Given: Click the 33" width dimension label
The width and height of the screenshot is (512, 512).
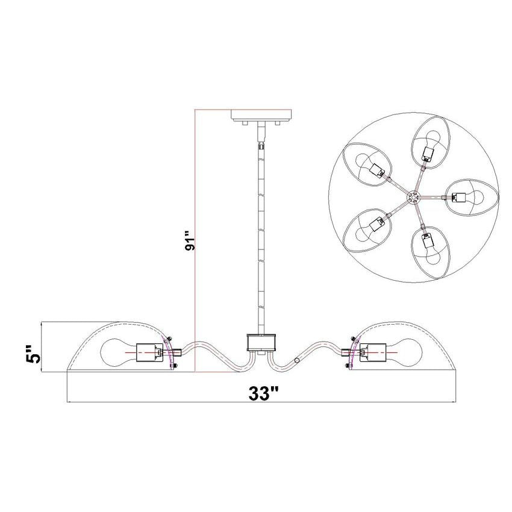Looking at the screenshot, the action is (263, 393).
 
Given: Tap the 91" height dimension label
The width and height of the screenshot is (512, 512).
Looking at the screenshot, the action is (190, 241).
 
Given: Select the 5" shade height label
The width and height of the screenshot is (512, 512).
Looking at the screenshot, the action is (33, 354).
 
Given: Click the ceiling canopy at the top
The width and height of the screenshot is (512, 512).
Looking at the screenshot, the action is (261, 114).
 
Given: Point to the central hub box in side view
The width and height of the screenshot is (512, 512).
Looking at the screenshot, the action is (261, 342).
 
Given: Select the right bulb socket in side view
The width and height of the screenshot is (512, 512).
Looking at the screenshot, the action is (373, 352).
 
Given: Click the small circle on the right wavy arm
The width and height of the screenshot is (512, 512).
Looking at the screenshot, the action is (297, 360).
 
